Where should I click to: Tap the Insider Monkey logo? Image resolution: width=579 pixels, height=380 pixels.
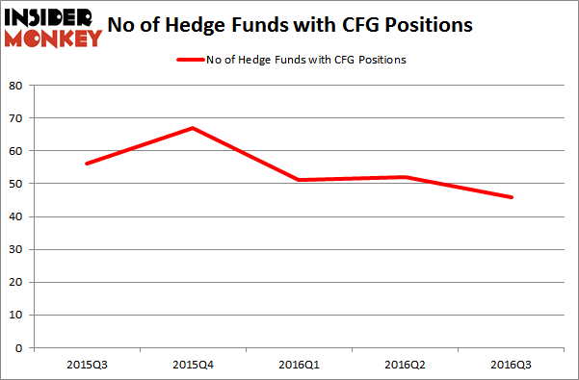53,27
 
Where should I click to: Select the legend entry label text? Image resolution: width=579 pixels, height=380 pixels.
308,61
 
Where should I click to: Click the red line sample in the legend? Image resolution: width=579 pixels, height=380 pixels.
190,61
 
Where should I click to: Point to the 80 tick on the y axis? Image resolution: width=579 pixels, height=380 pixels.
16,85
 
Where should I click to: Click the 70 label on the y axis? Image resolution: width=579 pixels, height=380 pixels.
16,117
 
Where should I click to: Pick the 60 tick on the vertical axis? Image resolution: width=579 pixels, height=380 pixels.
16,151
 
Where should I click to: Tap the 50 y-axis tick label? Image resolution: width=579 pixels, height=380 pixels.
16,184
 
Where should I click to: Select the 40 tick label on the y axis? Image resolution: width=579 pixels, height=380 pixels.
16,216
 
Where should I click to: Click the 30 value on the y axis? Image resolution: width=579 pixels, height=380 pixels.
16,249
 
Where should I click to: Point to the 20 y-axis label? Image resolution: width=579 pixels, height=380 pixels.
16,282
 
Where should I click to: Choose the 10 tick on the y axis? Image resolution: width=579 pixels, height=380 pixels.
16,315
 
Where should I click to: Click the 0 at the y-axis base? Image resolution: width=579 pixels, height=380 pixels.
19,348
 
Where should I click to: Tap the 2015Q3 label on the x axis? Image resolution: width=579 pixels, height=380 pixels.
87,365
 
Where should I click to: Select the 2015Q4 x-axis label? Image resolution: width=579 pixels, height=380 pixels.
194,365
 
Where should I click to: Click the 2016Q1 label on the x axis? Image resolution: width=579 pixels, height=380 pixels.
300,365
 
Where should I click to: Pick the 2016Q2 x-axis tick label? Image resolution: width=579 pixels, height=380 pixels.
406,365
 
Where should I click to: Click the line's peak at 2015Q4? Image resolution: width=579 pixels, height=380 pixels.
194,127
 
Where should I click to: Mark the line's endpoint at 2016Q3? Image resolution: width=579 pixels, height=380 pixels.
513,197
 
